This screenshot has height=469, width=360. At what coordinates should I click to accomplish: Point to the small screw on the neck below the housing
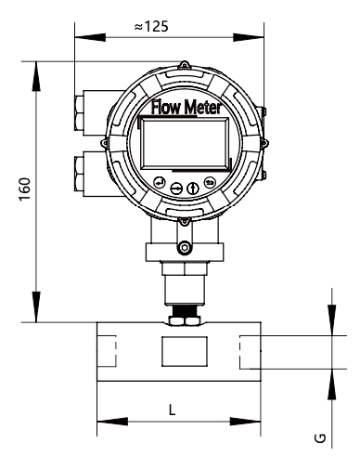pos(185,246)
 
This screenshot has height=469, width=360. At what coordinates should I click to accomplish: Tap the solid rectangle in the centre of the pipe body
pos(181,353)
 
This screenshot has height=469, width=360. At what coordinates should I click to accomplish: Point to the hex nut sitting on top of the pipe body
pos(181,318)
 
